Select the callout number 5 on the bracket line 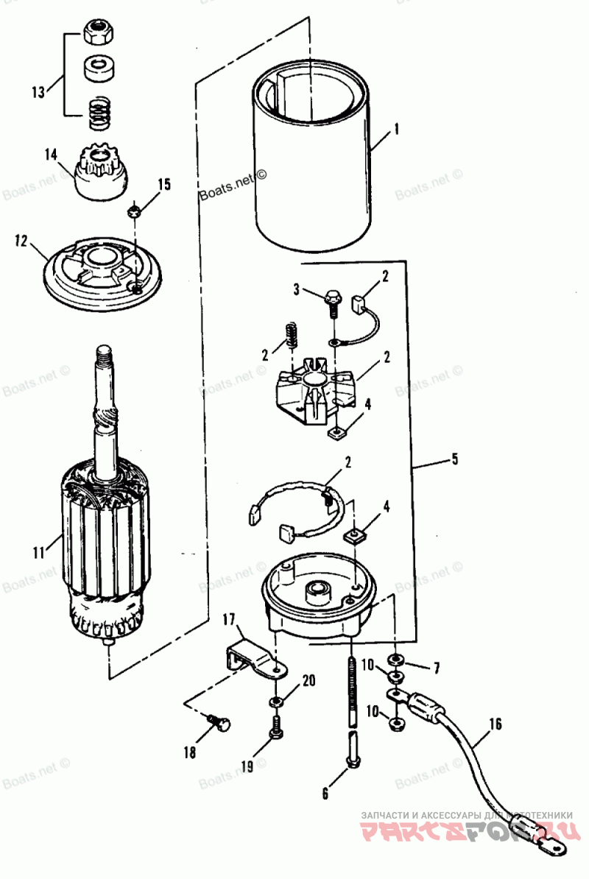[x=455, y=460]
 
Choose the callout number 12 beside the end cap [x=21, y=241]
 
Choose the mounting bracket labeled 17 [x=254, y=657]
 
